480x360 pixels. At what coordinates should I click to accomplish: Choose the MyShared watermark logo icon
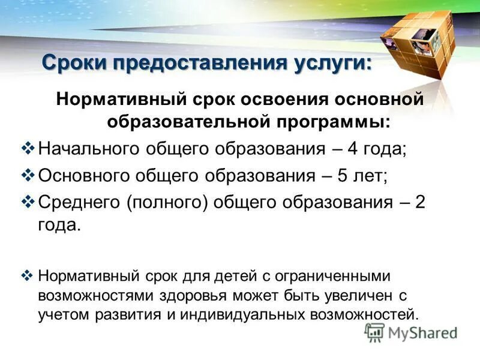tap(374, 332)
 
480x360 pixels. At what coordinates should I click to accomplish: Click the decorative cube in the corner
tap(416, 42)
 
